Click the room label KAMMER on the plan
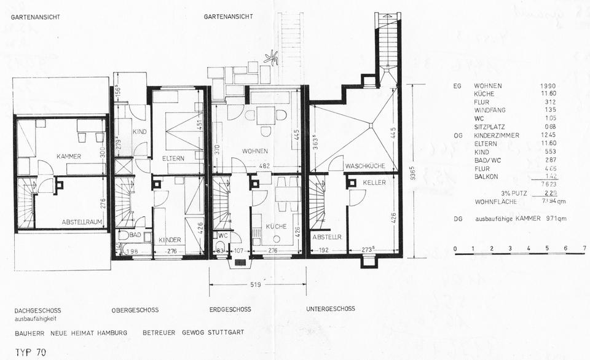point(69,156)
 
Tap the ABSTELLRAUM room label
point(82,222)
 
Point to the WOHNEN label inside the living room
point(255,151)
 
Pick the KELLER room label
point(374,183)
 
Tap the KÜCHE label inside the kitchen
point(277,227)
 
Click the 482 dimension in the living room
point(263,166)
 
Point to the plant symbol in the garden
point(270,59)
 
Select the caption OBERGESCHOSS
point(135,309)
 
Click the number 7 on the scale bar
point(584,248)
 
